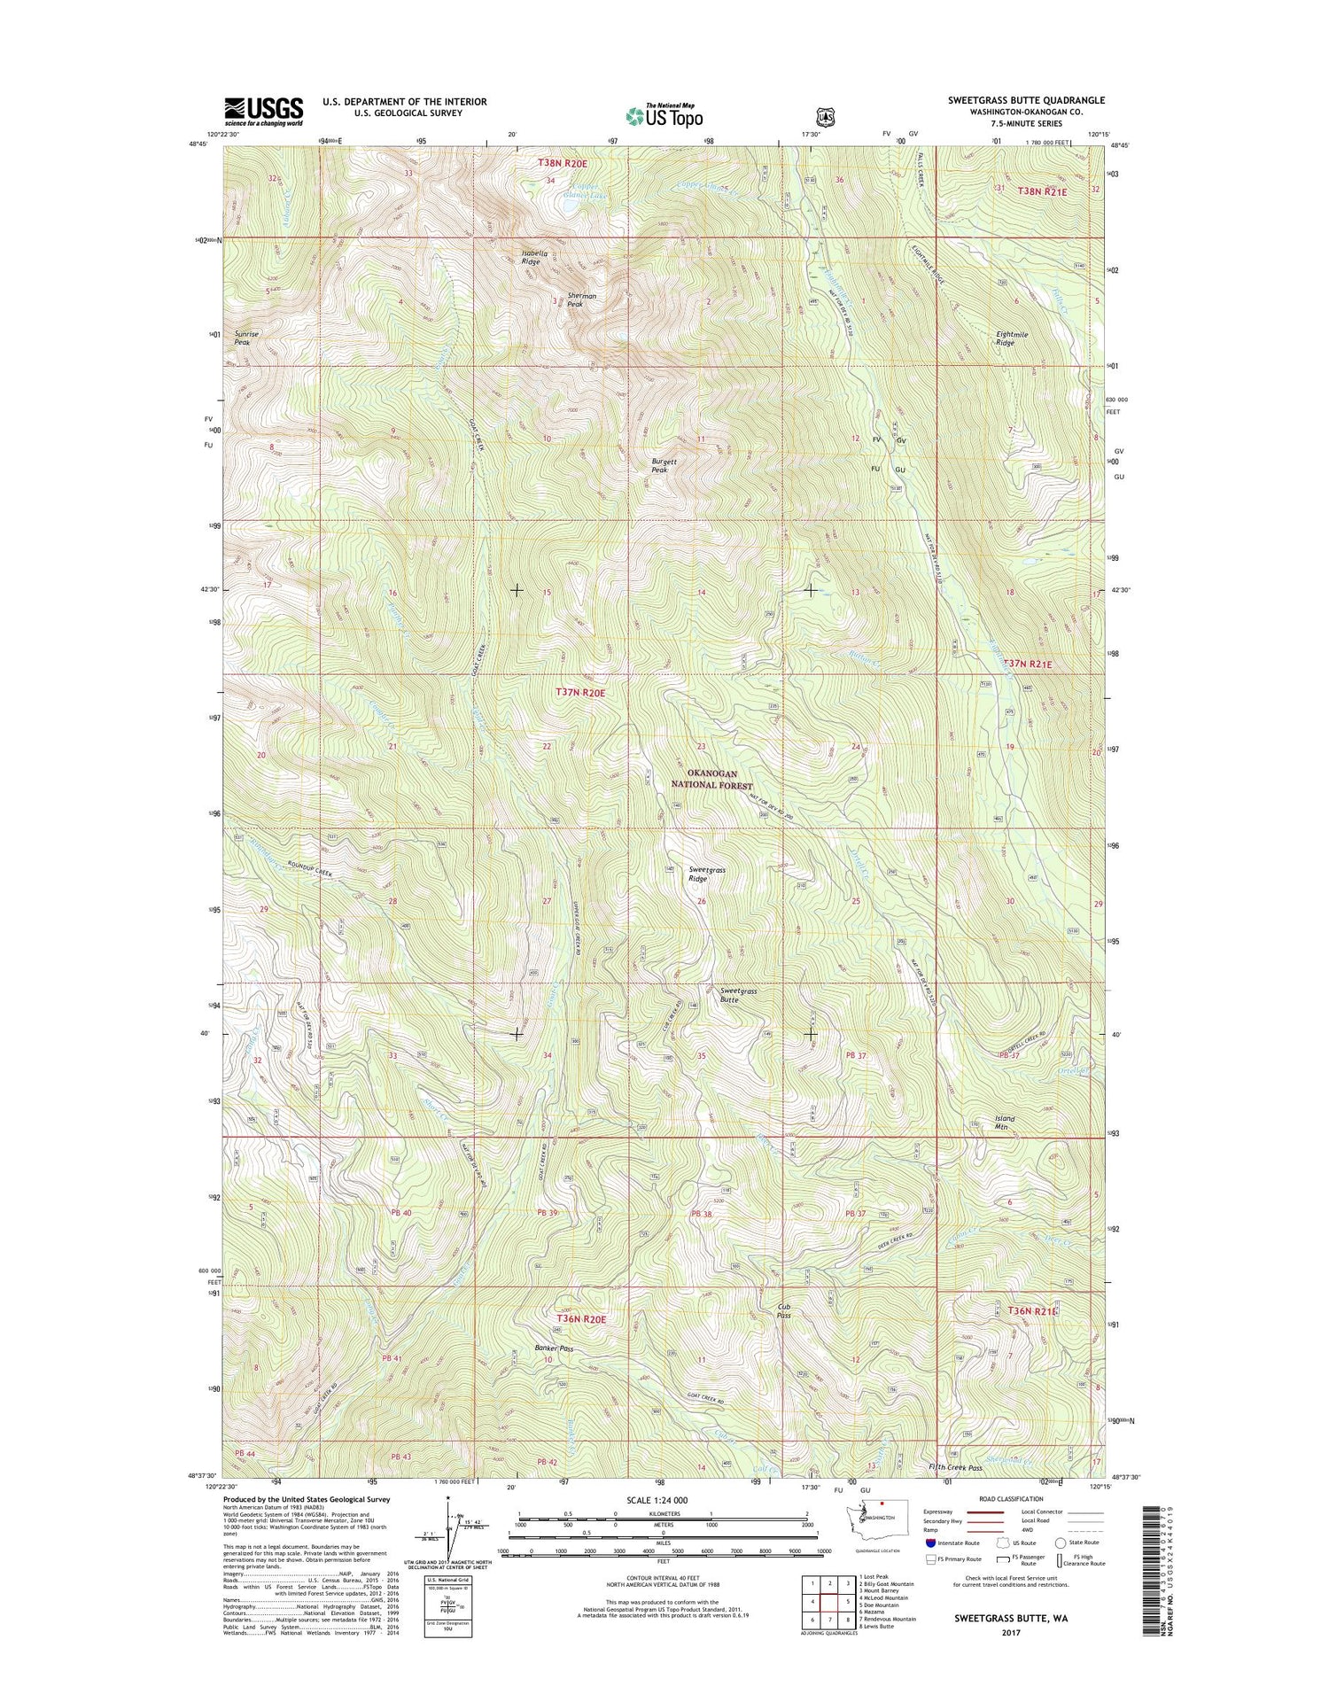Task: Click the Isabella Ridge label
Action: click(x=530, y=258)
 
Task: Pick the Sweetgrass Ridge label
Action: click(x=707, y=874)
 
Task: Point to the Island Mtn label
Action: click(x=1004, y=1123)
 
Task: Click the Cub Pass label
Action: click(x=783, y=1310)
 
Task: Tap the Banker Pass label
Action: click(x=554, y=1348)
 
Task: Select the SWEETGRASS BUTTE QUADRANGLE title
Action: click(x=1026, y=100)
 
